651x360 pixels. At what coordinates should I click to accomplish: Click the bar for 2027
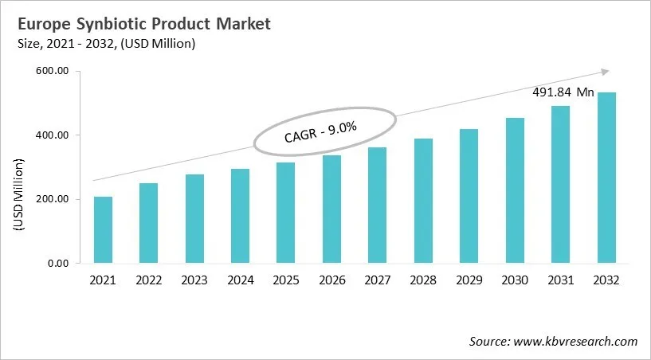point(377,205)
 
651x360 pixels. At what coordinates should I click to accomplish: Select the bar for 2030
point(515,190)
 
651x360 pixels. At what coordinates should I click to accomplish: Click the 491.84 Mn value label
point(563,92)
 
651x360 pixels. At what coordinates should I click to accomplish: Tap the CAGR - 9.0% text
point(320,131)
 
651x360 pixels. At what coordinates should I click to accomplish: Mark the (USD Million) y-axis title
point(19,195)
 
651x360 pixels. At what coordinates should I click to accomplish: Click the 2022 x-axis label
point(148,280)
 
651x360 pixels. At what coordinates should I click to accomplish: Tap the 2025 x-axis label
point(285,280)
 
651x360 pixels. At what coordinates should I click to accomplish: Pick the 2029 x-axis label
point(469,280)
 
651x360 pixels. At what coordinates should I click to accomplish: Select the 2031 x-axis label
point(560,280)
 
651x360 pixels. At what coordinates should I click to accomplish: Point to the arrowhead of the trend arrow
point(605,71)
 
